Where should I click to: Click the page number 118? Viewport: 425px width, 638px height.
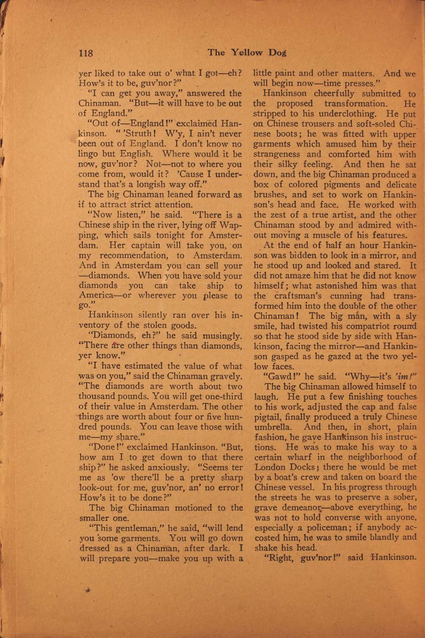[85, 53]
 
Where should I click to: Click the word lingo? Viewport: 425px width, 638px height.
[91, 154]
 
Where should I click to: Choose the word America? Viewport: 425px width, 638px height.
[97, 296]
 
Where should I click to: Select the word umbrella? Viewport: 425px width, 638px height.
[273, 427]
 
